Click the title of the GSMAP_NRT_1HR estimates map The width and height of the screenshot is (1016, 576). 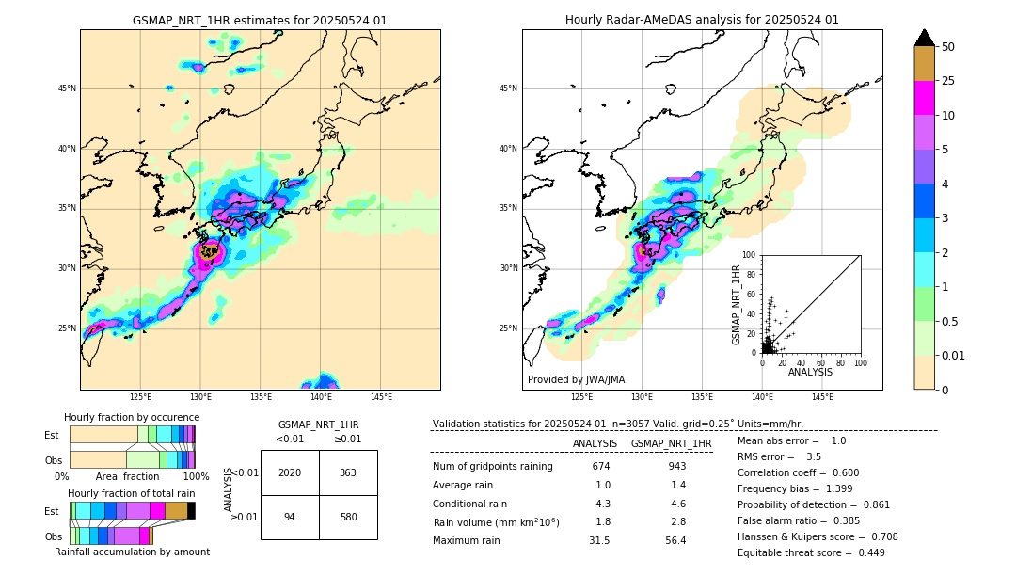(x=260, y=20)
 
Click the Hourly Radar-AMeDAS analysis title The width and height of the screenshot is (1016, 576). (x=702, y=20)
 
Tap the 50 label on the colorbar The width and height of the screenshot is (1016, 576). (x=948, y=47)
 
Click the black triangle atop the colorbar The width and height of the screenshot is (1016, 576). (x=925, y=38)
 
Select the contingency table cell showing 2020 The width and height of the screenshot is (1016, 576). (x=290, y=472)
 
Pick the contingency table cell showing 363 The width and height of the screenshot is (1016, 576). (x=348, y=472)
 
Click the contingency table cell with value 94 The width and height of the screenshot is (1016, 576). (x=290, y=517)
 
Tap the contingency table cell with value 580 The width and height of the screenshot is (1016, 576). (x=348, y=517)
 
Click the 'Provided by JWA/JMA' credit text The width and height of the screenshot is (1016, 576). (x=576, y=380)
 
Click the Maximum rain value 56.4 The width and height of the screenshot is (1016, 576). (x=675, y=540)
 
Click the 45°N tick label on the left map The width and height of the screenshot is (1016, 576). (x=67, y=88)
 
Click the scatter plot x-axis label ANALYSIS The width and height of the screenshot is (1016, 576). (x=810, y=372)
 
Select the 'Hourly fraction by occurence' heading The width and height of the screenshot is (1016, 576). (x=132, y=417)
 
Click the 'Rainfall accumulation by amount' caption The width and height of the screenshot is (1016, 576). (x=132, y=552)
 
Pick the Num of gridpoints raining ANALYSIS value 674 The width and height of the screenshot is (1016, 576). (x=601, y=466)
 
